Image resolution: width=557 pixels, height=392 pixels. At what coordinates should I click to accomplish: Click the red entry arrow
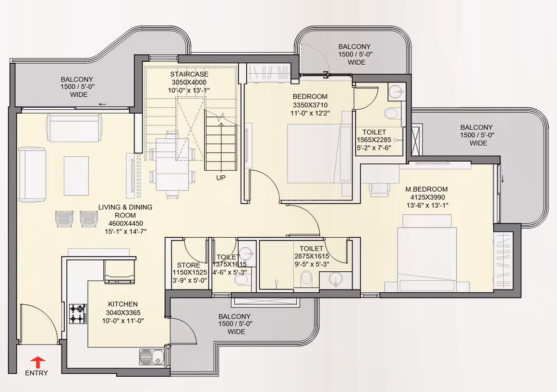[37, 363]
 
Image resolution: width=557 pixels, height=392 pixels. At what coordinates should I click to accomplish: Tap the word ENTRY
[36, 373]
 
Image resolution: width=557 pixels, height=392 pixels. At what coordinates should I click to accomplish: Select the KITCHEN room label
[123, 304]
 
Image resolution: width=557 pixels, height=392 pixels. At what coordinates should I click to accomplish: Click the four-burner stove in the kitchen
[78, 313]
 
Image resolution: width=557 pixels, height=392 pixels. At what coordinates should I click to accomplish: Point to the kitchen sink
[152, 357]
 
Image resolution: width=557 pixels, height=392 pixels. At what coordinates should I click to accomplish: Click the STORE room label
[189, 265]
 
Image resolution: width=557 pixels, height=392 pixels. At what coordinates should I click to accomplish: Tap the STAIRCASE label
[189, 74]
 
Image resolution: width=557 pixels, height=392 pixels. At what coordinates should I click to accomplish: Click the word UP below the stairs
[220, 178]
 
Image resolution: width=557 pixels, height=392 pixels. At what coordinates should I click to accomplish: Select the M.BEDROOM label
[426, 189]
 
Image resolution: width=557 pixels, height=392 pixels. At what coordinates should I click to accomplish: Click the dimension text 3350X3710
[310, 105]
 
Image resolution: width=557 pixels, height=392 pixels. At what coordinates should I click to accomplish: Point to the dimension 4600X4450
[126, 223]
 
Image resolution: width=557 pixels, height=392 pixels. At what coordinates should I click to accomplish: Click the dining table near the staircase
[172, 165]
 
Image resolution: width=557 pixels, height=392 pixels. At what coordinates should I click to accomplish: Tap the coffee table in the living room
[76, 176]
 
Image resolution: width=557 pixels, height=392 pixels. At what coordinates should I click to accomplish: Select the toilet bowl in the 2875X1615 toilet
[306, 279]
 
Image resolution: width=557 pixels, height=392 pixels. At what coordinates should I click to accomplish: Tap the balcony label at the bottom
[235, 324]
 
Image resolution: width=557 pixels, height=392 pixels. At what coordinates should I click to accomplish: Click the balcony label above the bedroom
[355, 54]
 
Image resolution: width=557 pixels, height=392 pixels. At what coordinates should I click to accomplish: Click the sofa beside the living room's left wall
[32, 174]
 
